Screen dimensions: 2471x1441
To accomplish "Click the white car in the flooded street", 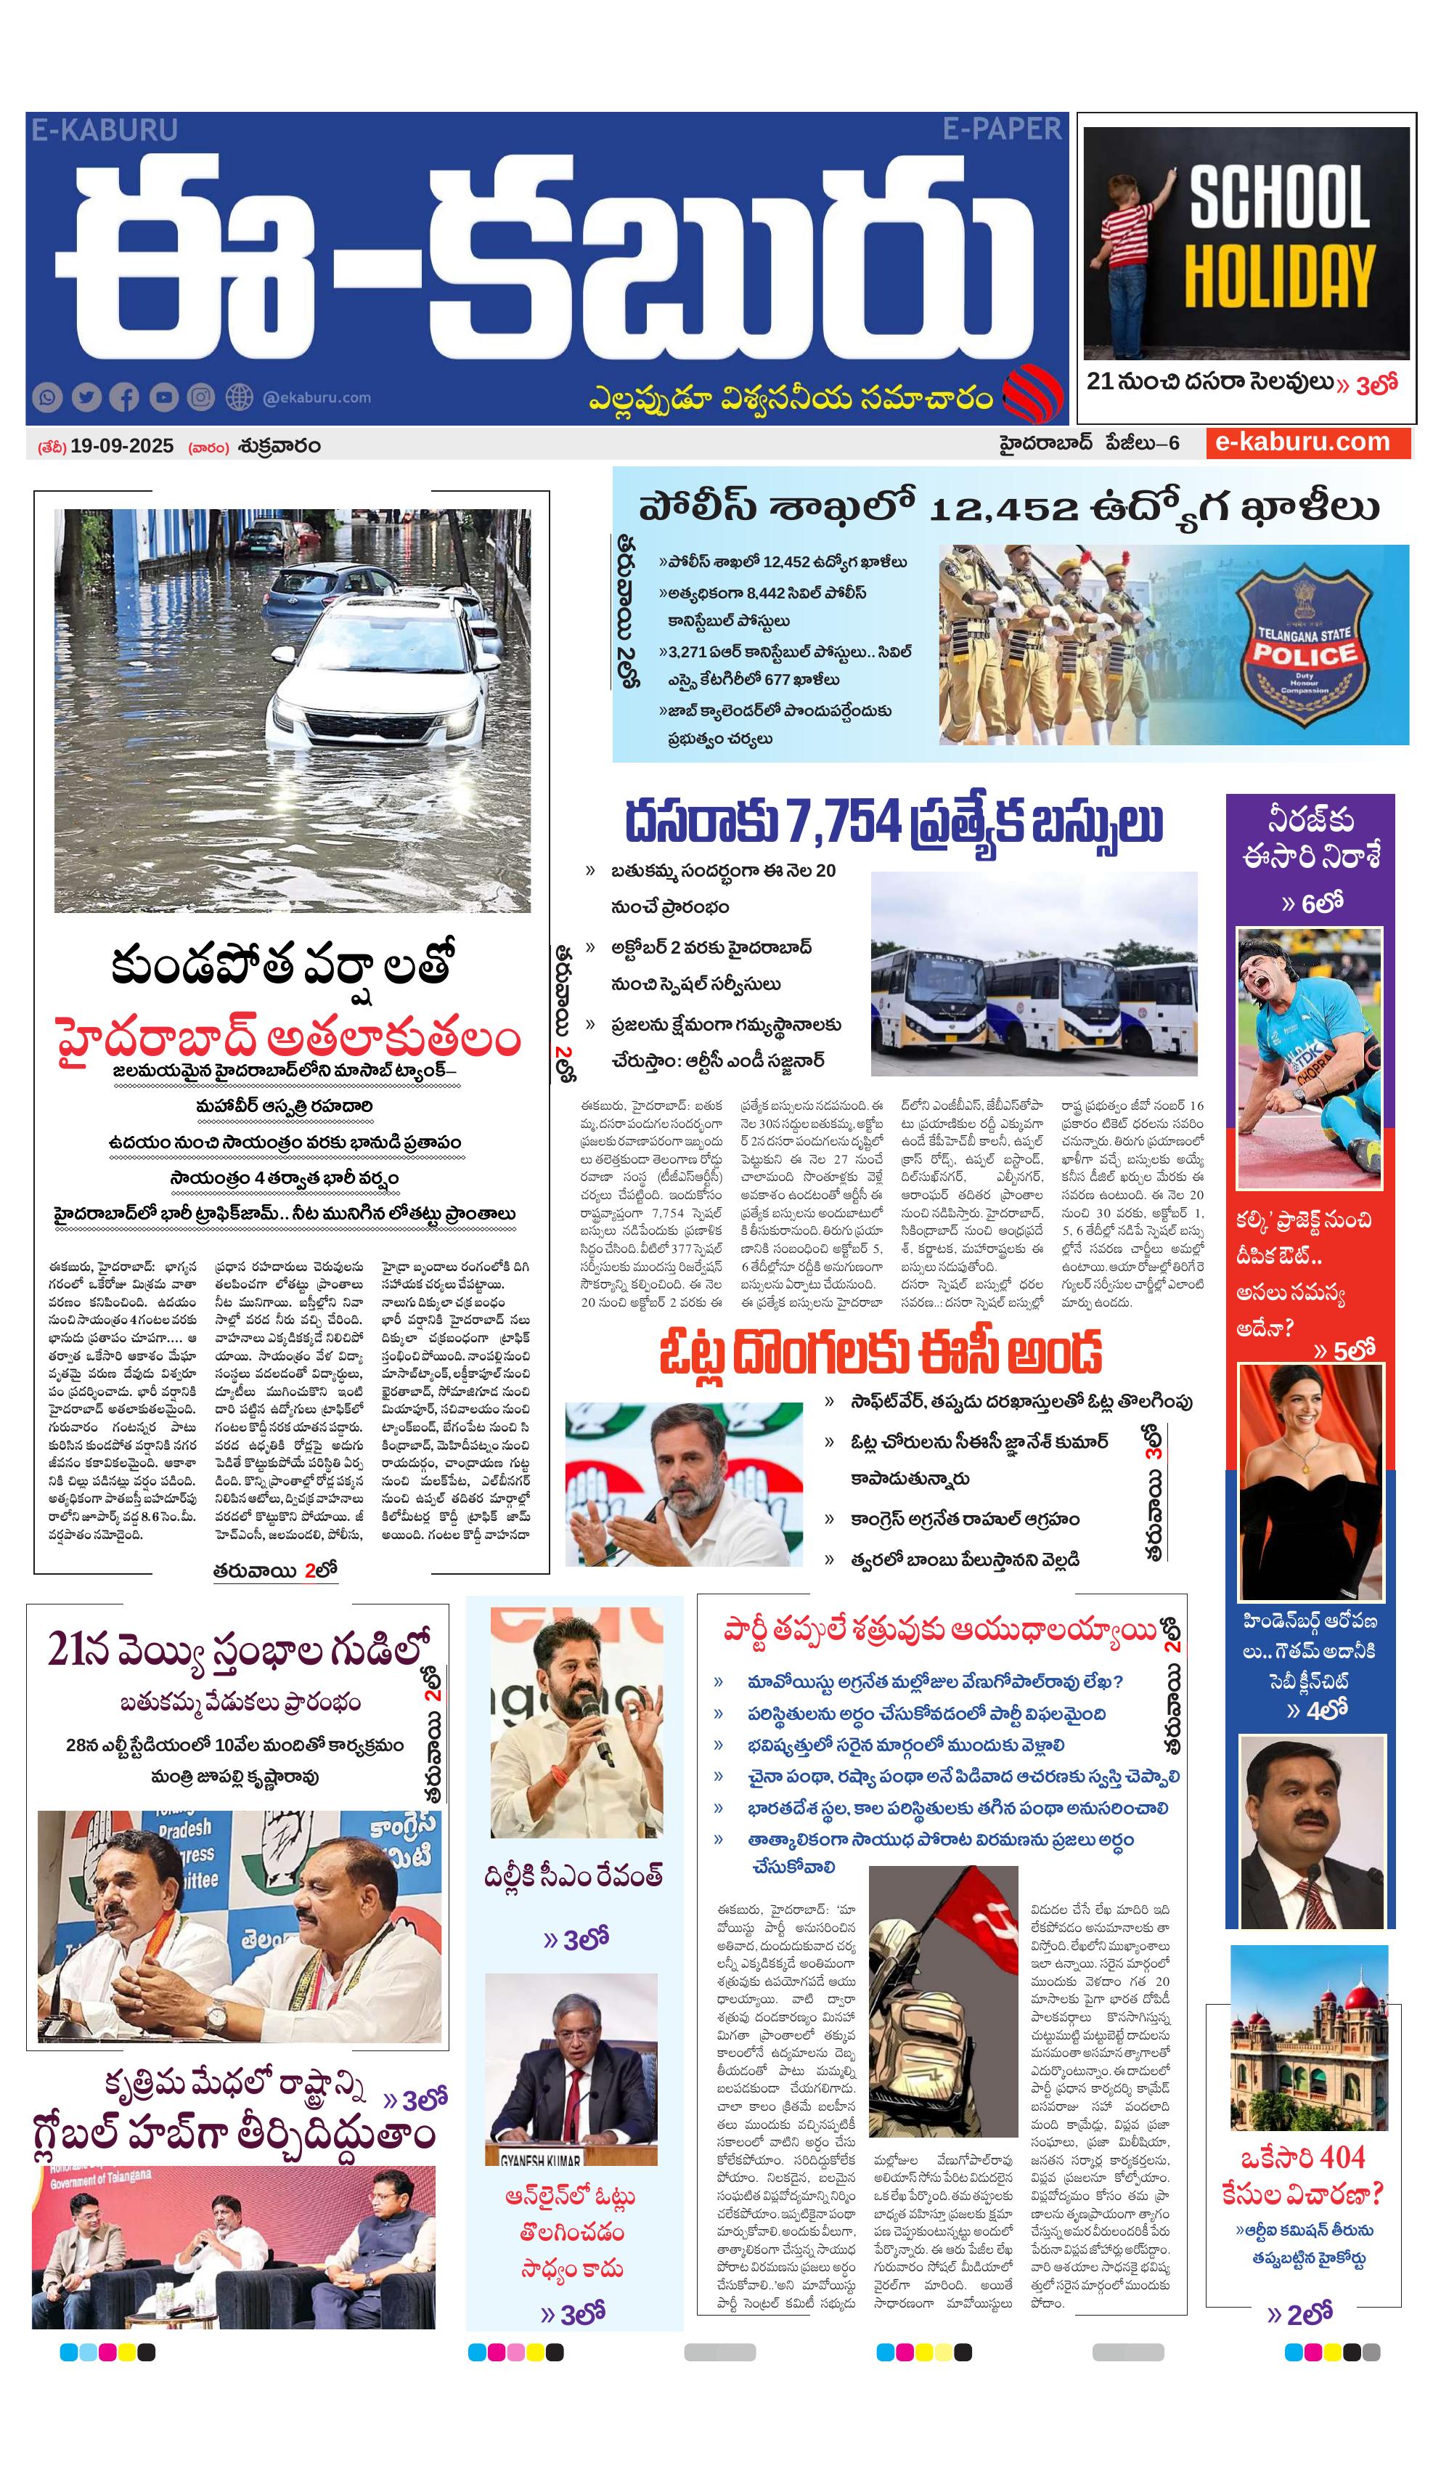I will click(377, 677).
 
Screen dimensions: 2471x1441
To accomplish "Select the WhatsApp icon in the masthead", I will click(47, 397).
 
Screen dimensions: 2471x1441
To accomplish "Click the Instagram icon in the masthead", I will click(201, 397).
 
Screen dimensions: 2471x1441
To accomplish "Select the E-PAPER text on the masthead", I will click(1002, 129).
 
